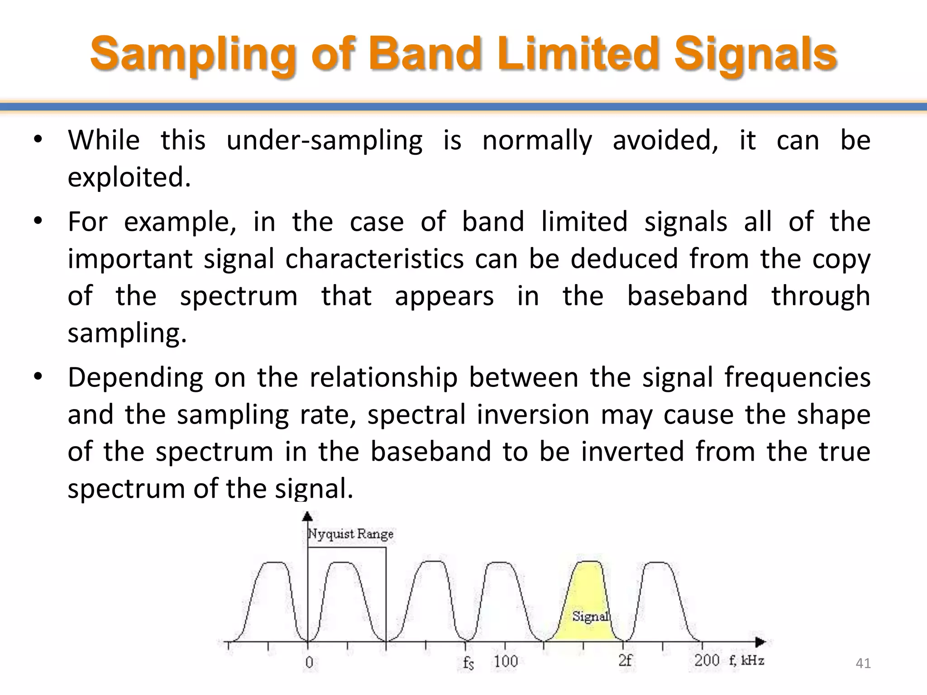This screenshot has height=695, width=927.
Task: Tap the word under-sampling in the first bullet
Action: point(324,140)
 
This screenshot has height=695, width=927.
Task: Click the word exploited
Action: point(129,177)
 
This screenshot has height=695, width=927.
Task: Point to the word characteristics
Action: point(374,259)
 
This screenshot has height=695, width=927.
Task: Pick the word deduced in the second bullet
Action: point(624,259)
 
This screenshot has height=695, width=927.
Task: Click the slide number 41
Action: point(863,663)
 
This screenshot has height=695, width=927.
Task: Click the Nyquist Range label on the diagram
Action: point(350,534)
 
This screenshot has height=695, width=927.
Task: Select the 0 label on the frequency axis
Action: point(309,662)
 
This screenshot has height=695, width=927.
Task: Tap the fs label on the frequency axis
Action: point(468,663)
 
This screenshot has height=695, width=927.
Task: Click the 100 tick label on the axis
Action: point(506,662)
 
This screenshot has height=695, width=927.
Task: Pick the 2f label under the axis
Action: point(625,661)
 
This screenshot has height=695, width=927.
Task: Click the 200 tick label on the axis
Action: point(707,661)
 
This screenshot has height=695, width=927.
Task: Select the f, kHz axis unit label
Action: point(746,661)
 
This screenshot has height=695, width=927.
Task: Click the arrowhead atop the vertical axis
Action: point(308,516)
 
